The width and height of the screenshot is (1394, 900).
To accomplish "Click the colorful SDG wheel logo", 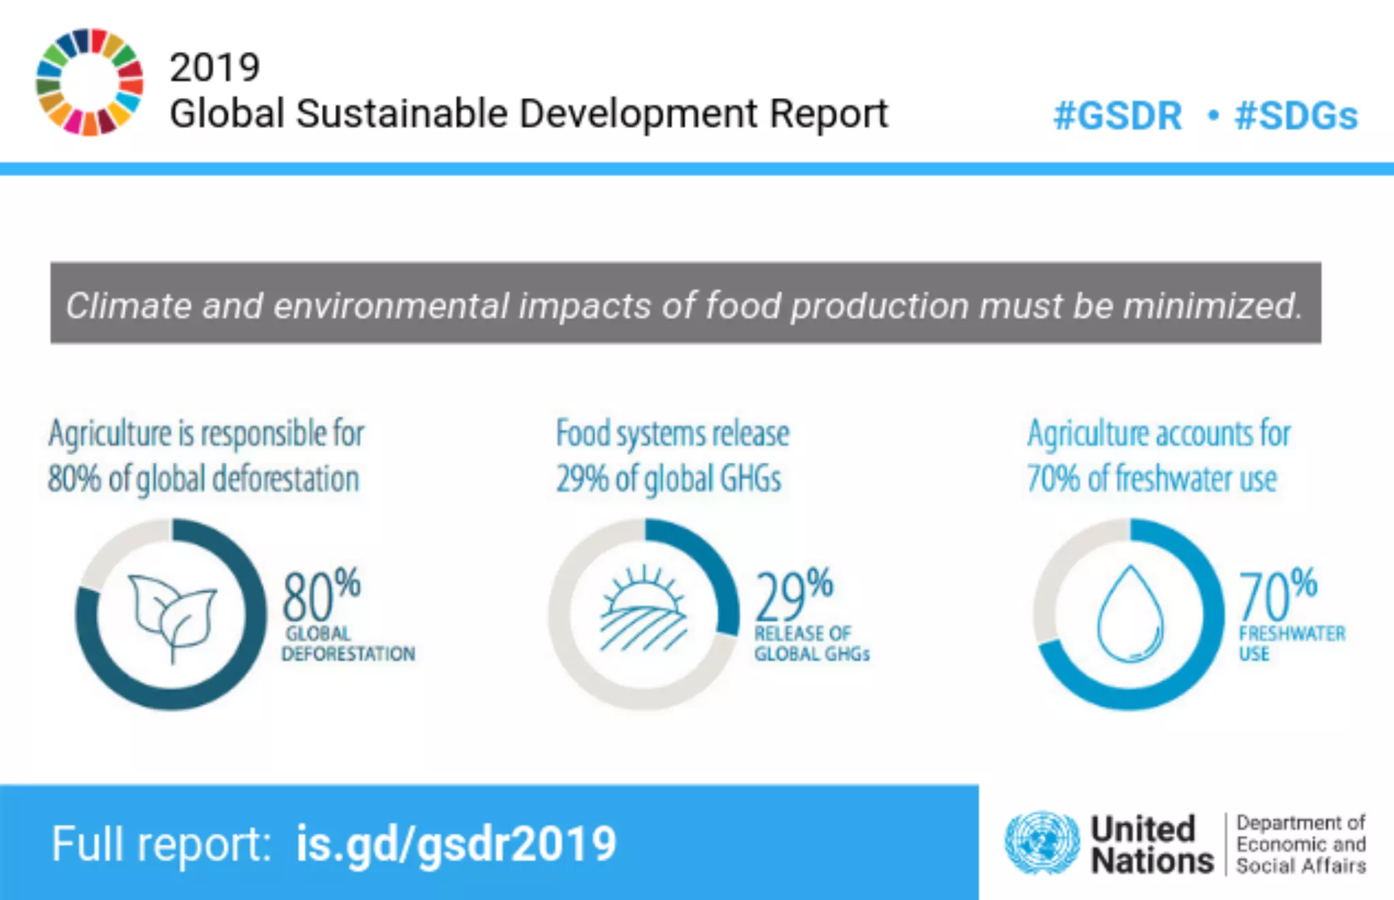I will pos(89,82).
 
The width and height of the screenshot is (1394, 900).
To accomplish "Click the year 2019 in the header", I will pos(214,67).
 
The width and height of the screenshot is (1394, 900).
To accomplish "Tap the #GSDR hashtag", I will pos(1117,116).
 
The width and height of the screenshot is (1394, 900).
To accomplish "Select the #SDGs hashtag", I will pos(1296,116).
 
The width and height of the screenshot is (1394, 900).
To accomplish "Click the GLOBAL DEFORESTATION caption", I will pos(347,643).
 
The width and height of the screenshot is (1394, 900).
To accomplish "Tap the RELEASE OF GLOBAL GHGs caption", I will pos(811,643).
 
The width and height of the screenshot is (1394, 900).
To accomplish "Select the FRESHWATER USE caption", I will pos(1291,643).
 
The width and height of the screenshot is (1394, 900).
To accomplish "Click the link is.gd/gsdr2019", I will pos(455,843).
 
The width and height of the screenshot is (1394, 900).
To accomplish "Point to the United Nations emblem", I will pos(1041,843).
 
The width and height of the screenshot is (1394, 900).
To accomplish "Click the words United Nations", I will pos(1151,844).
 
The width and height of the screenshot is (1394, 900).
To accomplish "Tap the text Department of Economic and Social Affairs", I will pos(1300,844).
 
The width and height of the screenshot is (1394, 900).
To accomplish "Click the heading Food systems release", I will pos(672,434).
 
